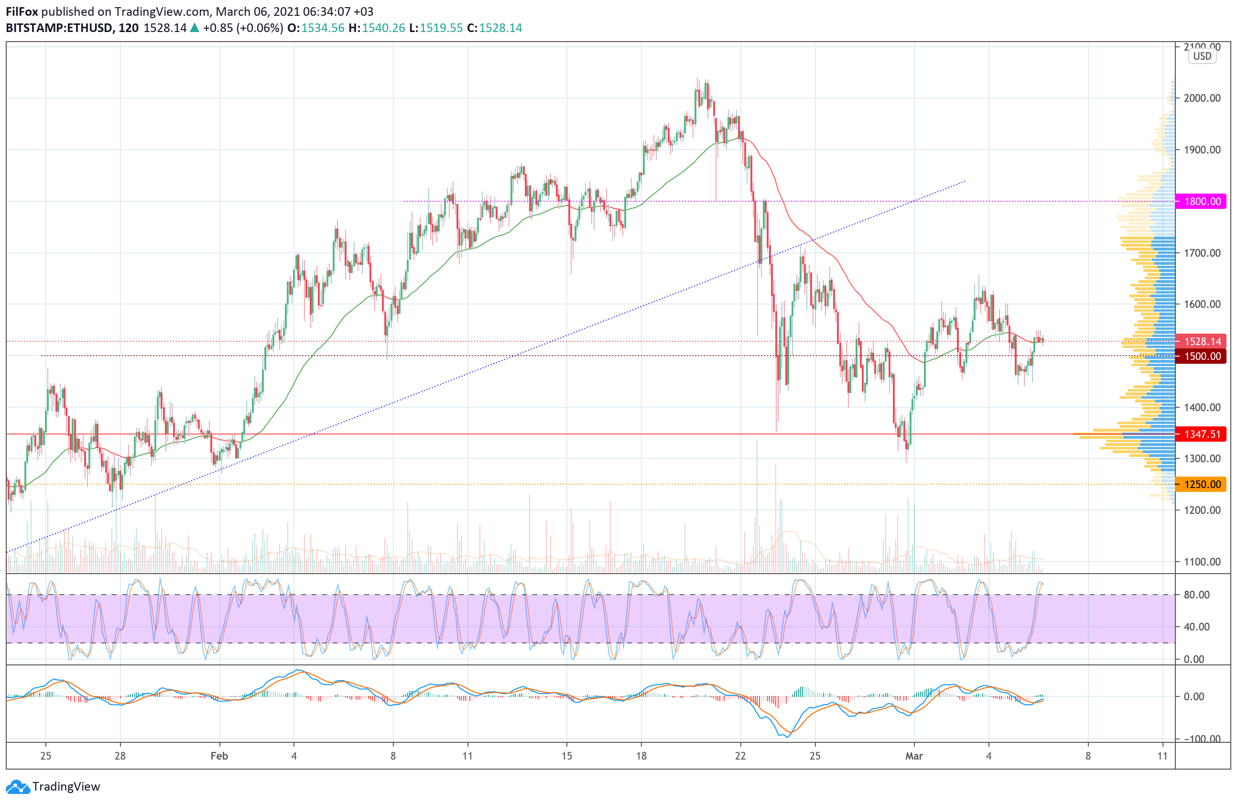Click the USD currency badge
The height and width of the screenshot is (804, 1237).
pos(1202,56)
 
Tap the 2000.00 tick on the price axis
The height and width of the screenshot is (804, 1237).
pos(1202,98)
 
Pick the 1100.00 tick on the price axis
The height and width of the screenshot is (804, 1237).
pos(1202,561)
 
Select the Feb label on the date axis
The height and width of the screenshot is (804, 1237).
pos(219,756)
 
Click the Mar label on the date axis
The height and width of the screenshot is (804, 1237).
pos(914,756)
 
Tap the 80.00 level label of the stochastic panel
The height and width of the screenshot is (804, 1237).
pos(1196,595)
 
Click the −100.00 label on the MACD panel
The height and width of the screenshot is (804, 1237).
pos(1201,739)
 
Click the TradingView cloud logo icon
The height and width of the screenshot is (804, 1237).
pos(18,787)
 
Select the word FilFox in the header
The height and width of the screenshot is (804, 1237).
pos(22,11)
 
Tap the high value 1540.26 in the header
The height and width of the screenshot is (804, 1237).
pos(383,28)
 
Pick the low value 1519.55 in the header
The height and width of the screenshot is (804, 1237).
pos(441,28)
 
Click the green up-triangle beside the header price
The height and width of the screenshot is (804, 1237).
pos(195,28)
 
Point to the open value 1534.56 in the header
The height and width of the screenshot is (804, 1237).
pos(323,28)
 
